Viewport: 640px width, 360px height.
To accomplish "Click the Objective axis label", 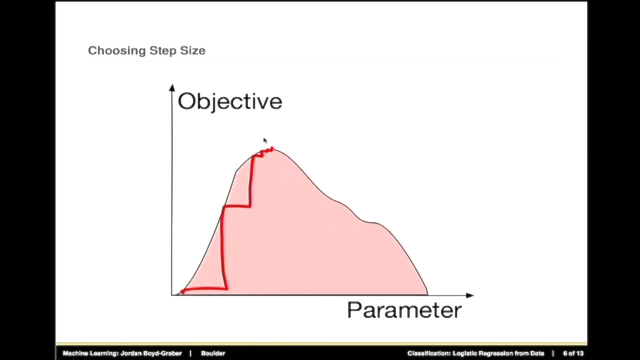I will [x=230, y=101].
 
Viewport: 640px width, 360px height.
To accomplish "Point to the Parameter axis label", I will [x=404, y=310].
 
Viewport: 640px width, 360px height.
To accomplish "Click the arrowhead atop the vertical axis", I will [x=172, y=87].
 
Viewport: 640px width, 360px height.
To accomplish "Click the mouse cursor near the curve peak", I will [x=264, y=140].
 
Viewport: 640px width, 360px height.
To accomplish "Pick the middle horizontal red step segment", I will [x=236, y=206].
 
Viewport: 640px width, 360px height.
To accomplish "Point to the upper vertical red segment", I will [x=251, y=180].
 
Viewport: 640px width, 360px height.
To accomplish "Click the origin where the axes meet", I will [x=172, y=295].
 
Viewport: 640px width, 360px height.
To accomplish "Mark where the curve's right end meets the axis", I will [x=427, y=294].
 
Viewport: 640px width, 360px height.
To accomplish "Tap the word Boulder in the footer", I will [x=213, y=353].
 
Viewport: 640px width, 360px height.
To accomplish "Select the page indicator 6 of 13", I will [x=573, y=353].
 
